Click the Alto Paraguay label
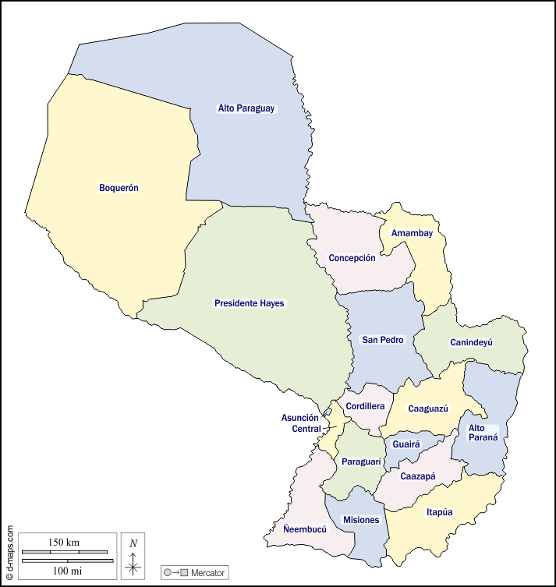[246, 109]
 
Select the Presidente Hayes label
[250, 303]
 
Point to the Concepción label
[352, 258]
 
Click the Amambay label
[412, 233]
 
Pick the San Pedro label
[382, 340]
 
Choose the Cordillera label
[365, 406]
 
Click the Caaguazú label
[428, 408]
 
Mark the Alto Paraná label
[476, 433]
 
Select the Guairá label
[406, 444]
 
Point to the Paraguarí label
[361, 462]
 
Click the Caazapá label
[418, 476]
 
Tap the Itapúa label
[440, 512]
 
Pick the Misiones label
[361, 520]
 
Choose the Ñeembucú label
[305, 528]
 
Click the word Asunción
[299, 418]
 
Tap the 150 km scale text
[64, 543]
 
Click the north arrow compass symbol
[133, 559]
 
